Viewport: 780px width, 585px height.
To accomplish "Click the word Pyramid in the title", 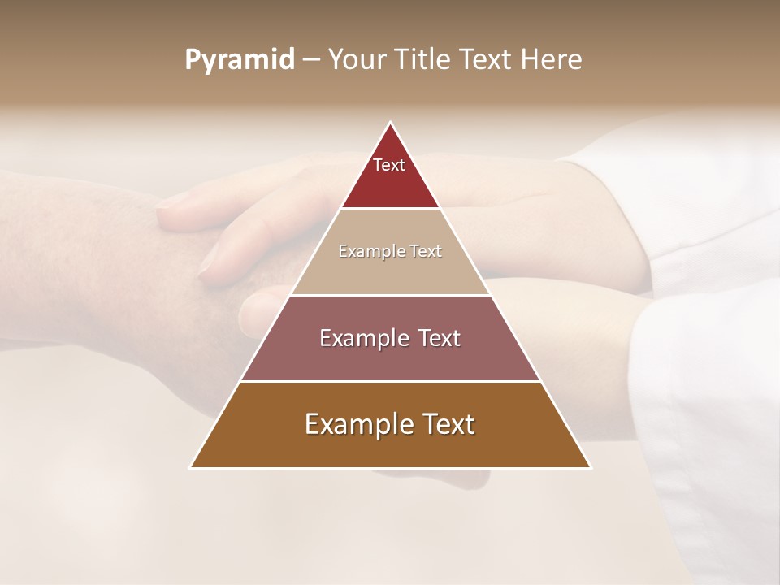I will [x=239, y=60].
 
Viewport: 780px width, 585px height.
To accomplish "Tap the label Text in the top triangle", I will [x=389, y=165].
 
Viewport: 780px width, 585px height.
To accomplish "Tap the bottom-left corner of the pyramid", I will [x=190, y=467].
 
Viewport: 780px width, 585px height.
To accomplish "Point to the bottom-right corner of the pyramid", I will [x=591, y=467].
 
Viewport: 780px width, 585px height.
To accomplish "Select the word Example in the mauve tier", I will [x=361, y=338].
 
